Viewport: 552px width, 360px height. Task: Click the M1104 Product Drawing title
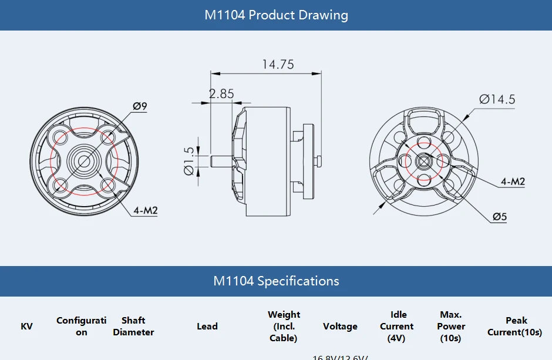tap(276, 15)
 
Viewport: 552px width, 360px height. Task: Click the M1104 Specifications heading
tap(276, 281)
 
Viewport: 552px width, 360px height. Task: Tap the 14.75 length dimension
tap(278, 65)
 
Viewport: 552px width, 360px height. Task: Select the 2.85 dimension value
tap(221, 93)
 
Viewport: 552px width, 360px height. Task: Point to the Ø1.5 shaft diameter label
tap(189, 160)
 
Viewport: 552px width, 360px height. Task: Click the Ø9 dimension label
tap(140, 106)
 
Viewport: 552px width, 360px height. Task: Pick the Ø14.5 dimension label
tap(497, 99)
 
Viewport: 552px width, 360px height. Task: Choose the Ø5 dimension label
tap(499, 217)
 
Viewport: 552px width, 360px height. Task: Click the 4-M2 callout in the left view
tap(146, 210)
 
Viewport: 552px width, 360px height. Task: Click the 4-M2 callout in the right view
tap(513, 181)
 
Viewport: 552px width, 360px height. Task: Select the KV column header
tap(27, 327)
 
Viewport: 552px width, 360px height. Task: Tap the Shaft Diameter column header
tap(133, 327)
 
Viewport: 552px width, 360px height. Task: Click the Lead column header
tap(207, 327)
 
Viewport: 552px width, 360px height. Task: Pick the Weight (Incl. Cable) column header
tap(284, 327)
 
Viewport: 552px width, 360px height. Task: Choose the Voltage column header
tap(340, 327)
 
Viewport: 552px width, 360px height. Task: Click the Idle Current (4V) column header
tap(397, 327)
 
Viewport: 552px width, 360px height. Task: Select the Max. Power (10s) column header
tap(451, 327)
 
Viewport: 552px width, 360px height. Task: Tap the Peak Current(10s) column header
tap(515, 327)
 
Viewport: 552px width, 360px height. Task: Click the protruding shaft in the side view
tap(221, 159)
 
